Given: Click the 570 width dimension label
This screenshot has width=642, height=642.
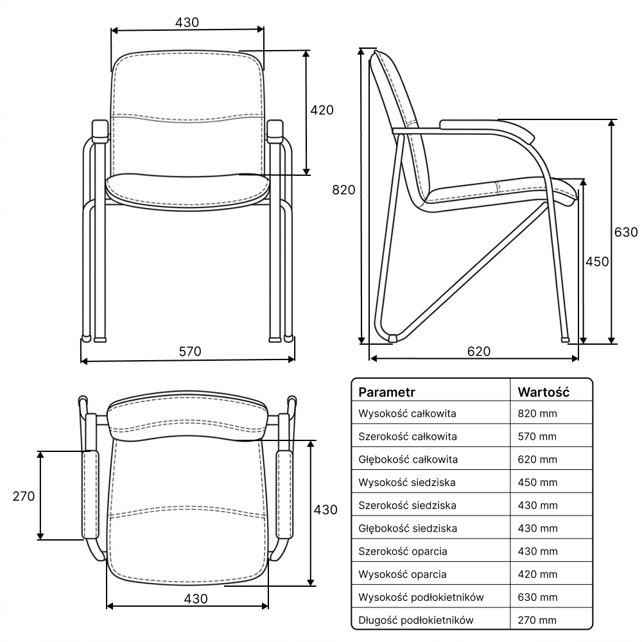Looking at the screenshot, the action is (x=190, y=351).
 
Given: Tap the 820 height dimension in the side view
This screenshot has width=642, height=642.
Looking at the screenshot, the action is (x=343, y=190).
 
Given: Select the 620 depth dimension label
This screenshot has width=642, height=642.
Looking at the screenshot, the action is (x=479, y=351).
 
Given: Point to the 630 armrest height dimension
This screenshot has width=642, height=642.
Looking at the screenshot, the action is (x=626, y=232).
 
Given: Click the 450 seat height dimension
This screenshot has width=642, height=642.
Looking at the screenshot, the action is (x=597, y=262).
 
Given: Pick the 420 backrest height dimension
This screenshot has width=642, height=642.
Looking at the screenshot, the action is (x=322, y=110).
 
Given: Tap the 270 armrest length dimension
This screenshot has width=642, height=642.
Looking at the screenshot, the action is (x=24, y=496).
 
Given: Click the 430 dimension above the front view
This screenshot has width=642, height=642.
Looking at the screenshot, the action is (x=187, y=22).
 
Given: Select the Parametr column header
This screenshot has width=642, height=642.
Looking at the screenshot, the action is (x=386, y=392).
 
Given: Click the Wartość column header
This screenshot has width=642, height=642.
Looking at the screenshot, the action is (x=543, y=392).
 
